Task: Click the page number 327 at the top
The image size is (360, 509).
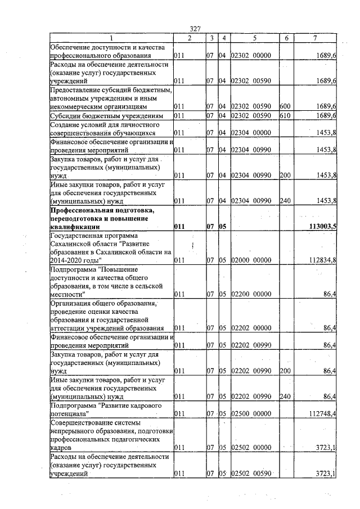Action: point(195,29)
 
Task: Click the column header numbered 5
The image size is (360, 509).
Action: point(255,38)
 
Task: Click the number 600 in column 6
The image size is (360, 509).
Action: point(284,106)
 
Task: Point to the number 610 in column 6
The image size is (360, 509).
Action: point(284,115)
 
